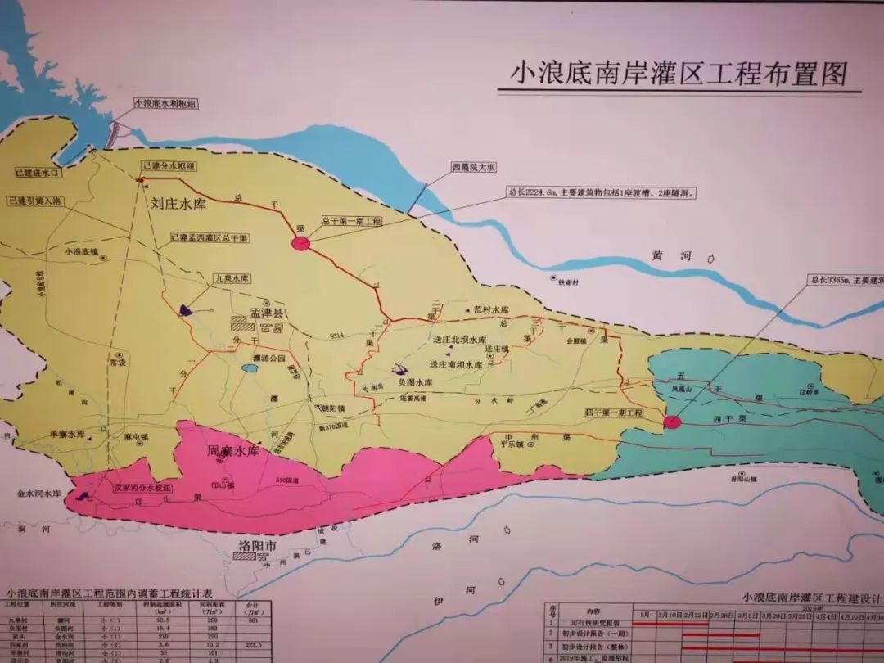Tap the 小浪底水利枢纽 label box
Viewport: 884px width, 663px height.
(167, 104)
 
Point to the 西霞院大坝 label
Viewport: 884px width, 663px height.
(473, 167)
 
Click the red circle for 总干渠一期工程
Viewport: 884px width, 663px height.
(301, 243)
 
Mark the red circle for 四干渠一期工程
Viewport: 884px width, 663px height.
(672, 422)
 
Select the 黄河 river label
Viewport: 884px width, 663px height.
(672, 256)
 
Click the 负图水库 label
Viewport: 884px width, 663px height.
(414, 382)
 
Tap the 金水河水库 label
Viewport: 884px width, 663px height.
(39, 494)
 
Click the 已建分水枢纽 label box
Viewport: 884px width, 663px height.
(169, 165)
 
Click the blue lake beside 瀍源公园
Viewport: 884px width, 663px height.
(248, 369)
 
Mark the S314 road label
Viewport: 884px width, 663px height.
(334, 336)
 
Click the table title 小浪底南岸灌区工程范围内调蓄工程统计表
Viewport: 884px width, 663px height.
(110, 593)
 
